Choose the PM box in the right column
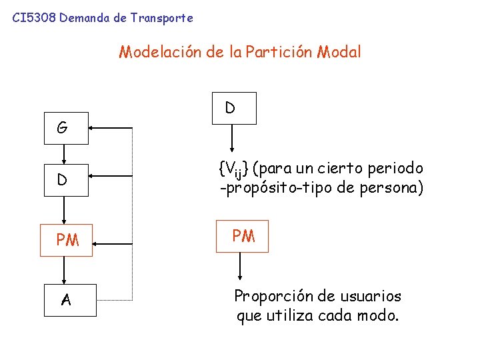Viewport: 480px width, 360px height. [x=243, y=236]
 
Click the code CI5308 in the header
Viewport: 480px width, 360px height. [x=33, y=19]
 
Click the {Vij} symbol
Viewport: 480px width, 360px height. [x=233, y=169]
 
